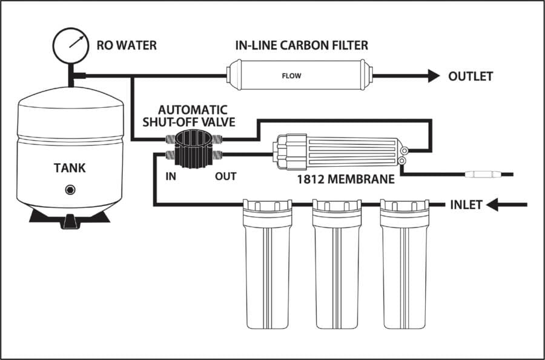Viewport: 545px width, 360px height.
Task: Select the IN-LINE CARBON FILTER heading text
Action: tap(302, 45)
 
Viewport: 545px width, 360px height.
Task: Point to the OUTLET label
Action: tap(471, 76)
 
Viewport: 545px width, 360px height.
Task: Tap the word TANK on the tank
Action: tap(69, 168)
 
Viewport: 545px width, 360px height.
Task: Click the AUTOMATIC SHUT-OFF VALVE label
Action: tap(192, 115)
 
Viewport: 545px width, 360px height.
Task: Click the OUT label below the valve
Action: tap(225, 177)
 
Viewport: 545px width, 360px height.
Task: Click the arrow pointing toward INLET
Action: tap(500, 205)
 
